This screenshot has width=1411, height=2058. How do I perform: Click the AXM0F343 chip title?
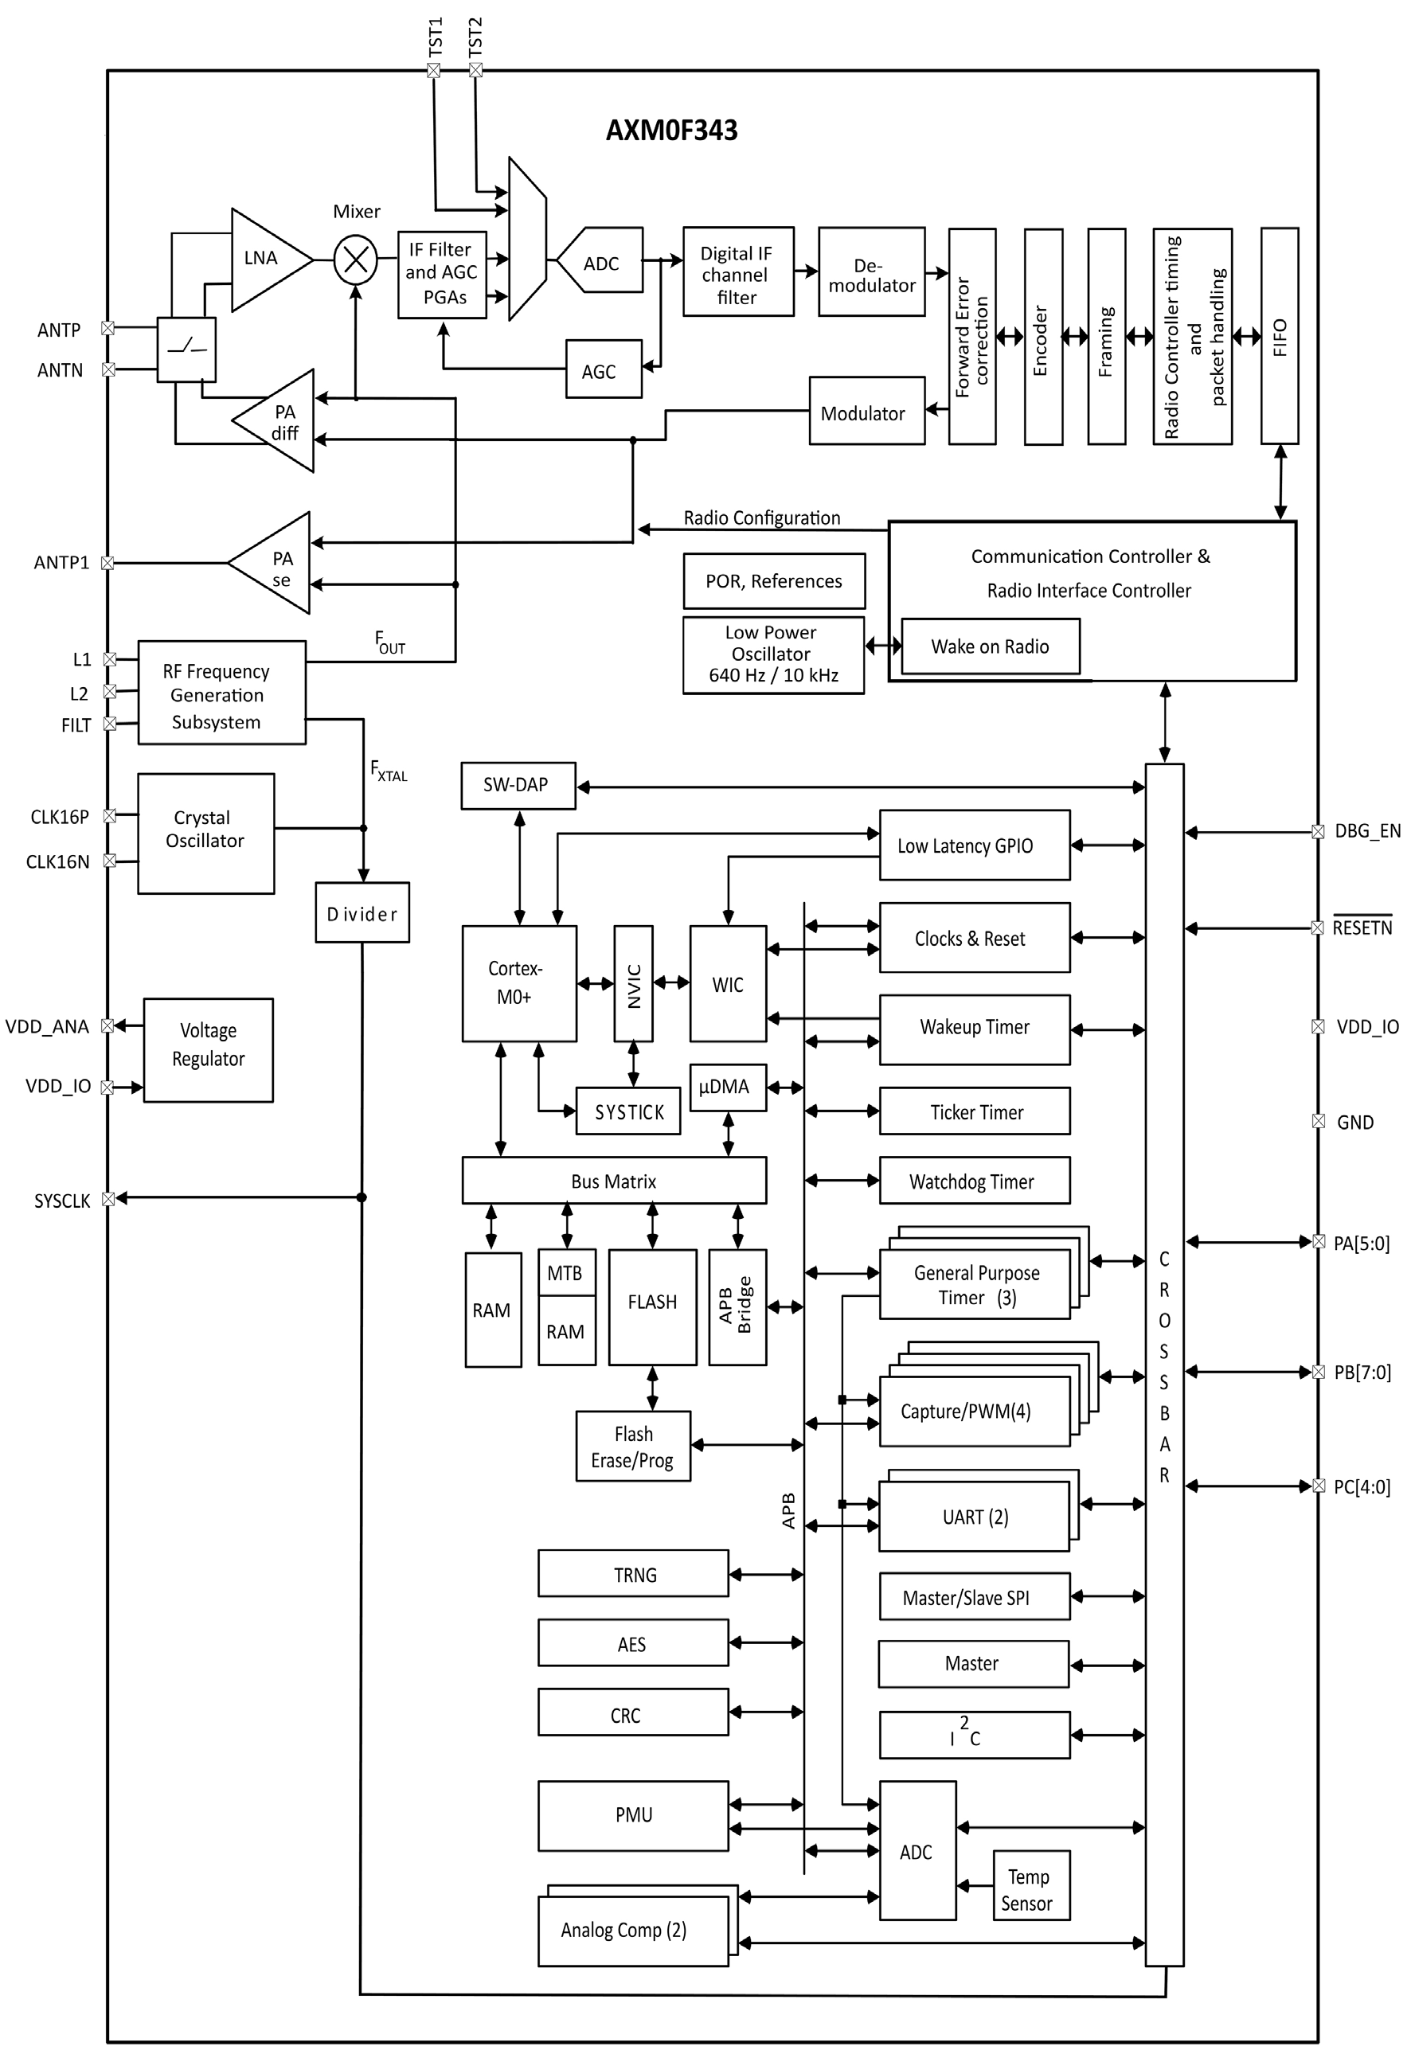[671, 131]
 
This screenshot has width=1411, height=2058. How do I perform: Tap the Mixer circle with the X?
[355, 260]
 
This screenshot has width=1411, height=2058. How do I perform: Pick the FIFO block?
[1279, 336]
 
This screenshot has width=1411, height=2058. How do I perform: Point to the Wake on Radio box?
[990, 646]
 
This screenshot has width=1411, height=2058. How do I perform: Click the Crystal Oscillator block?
[205, 833]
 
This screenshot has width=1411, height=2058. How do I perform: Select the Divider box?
[362, 913]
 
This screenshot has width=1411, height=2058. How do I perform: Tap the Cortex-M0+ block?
[518, 983]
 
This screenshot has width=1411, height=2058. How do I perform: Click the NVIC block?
[633, 983]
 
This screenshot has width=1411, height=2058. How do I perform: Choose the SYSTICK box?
[628, 1111]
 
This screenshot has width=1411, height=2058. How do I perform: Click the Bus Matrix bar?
[614, 1181]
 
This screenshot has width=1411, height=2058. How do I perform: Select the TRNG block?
[633, 1574]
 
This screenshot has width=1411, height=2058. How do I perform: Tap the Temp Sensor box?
[1030, 1890]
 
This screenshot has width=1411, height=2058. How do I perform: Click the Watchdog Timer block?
[973, 1181]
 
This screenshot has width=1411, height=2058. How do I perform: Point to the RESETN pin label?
[1362, 928]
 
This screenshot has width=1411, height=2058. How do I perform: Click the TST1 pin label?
[435, 37]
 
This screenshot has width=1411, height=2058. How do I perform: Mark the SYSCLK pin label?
[62, 1201]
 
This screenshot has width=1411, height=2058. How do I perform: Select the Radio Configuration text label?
[762, 518]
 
